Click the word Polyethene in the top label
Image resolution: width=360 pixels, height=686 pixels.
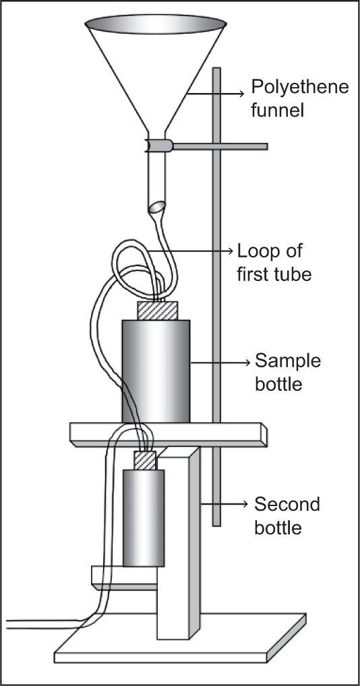[x=299, y=88]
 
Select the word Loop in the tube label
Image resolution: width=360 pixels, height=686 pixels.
[x=256, y=253]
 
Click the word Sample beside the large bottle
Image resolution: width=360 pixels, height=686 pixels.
[x=288, y=362]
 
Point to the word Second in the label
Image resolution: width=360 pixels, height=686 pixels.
[x=287, y=505]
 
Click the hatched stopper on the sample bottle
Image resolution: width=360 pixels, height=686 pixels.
[x=158, y=311]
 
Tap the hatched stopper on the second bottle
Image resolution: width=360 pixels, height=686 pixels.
[x=145, y=461]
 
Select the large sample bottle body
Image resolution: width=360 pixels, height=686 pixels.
[x=156, y=371]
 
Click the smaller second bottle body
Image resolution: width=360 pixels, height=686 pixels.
[x=144, y=518]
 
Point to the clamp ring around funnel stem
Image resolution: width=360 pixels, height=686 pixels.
[x=160, y=146]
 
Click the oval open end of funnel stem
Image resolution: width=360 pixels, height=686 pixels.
[x=158, y=207]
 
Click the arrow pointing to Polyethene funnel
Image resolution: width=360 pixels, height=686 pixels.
[x=214, y=93]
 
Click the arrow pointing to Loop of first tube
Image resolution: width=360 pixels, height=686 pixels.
[x=188, y=251]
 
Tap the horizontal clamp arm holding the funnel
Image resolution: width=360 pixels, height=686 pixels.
[x=220, y=146]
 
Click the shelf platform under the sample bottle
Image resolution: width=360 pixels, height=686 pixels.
[x=169, y=435]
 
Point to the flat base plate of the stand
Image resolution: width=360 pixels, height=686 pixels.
[x=180, y=638]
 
